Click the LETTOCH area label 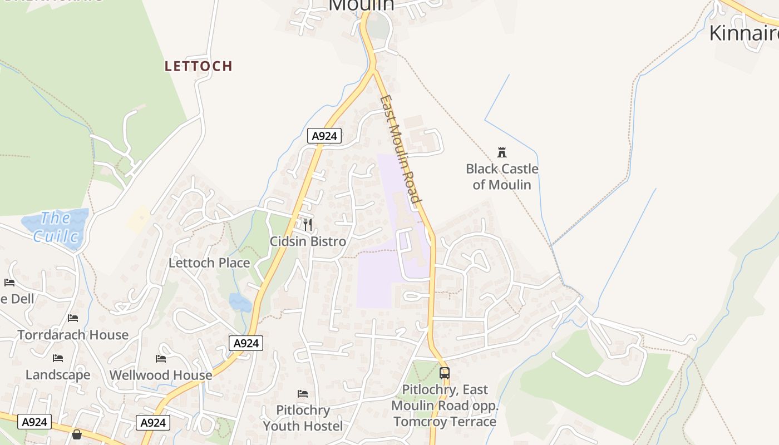pyautogui.click(x=198, y=66)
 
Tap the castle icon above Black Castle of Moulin pyautogui.click(x=502, y=152)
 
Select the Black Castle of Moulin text pyautogui.click(x=502, y=176)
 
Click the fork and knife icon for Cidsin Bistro pyautogui.click(x=308, y=224)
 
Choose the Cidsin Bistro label pyautogui.click(x=308, y=241)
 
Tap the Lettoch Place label pyautogui.click(x=209, y=263)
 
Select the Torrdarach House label pyautogui.click(x=73, y=335)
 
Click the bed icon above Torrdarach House pyautogui.click(x=73, y=318)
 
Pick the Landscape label pyautogui.click(x=58, y=375)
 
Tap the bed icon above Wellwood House pyautogui.click(x=161, y=359)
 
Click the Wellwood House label pyautogui.click(x=161, y=375)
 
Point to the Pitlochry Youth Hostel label pyautogui.click(x=303, y=418)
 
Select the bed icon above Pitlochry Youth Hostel pyautogui.click(x=303, y=394)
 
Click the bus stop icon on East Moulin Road pyautogui.click(x=444, y=373)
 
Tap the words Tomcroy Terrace pyautogui.click(x=445, y=422)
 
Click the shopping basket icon pyautogui.click(x=77, y=434)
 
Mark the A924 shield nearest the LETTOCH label pyautogui.click(x=324, y=136)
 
